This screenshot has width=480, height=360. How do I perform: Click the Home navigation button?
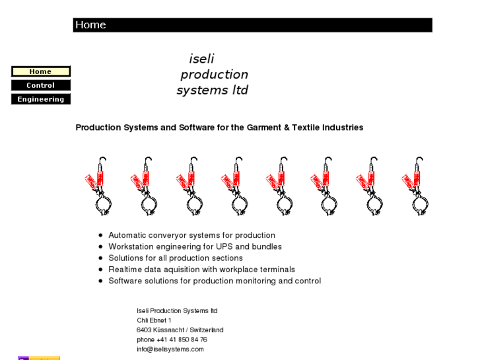40,71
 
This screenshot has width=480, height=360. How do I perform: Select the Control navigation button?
40,85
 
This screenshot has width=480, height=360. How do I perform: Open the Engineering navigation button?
40,99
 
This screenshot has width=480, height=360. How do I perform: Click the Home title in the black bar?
90,25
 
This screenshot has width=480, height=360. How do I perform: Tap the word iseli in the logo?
201,59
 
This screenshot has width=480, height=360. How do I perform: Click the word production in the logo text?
214,75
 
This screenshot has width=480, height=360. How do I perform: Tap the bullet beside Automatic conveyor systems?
100,235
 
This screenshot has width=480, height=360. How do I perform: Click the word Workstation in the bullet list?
131,246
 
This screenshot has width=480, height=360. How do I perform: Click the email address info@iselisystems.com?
170,349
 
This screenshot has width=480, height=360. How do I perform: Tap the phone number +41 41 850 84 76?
182,340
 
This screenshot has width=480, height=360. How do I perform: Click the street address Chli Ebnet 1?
154,320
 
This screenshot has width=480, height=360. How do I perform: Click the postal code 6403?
144,330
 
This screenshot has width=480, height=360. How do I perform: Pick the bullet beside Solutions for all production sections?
100,258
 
